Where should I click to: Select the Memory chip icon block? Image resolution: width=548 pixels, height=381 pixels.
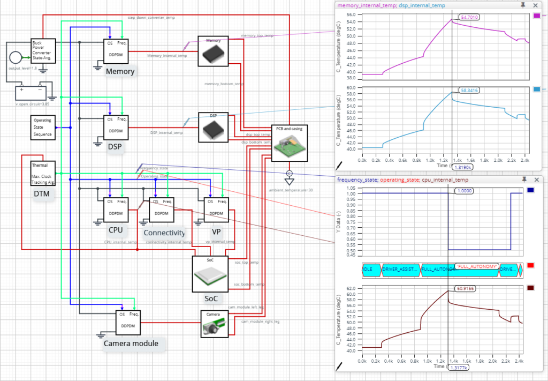pyautogui.click(x=214, y=51)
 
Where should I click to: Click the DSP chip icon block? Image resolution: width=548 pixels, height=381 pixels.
pyautogui.click(x=214, y=127)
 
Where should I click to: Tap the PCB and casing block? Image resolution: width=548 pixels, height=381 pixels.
pyautogui.click(x=290, y=143)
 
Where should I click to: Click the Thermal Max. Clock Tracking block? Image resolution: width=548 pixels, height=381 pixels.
pyautogui.click(x=43, y=174)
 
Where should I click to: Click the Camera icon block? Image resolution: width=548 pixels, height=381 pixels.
pyautogui.click(x=215, y=323)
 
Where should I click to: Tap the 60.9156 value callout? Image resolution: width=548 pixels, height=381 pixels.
pyautogui.click(x=465, y=288)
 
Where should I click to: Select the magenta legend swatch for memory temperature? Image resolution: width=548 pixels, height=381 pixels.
pyautogui.click(x=537, y=17)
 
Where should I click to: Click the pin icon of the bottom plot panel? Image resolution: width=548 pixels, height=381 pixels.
pyautogui.click(x=524, y=179)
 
